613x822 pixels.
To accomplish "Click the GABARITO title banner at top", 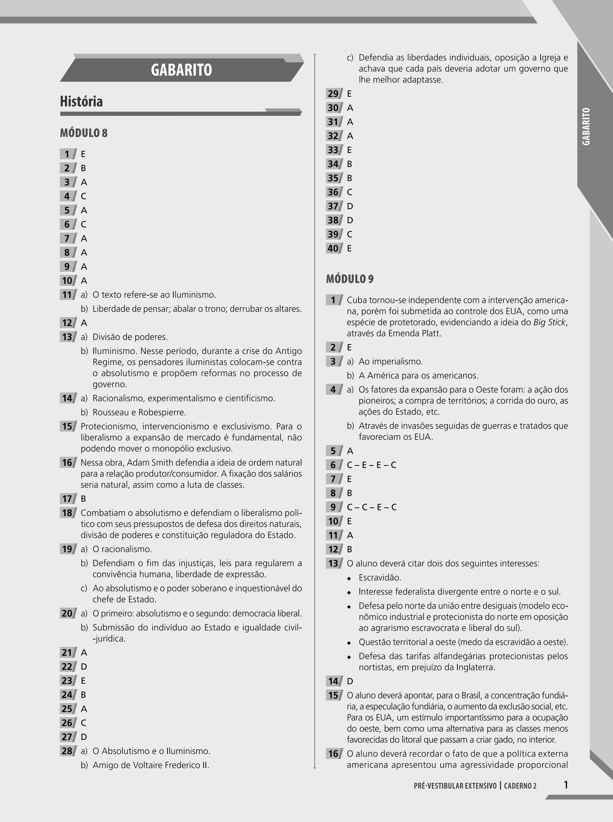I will (181, 70).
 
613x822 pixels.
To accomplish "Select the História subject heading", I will (81, 101).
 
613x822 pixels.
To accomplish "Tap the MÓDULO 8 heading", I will (84, 133).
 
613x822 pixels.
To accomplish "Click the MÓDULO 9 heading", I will (350, 279).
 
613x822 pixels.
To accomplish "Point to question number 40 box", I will (333, 248).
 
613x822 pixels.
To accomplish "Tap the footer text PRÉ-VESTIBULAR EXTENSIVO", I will (455, 786).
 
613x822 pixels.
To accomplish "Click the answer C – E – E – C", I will (371, 465).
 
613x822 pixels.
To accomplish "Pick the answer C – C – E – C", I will (371, 507).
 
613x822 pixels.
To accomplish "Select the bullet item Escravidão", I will (380, 578).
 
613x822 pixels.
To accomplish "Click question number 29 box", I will (333, 93).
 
